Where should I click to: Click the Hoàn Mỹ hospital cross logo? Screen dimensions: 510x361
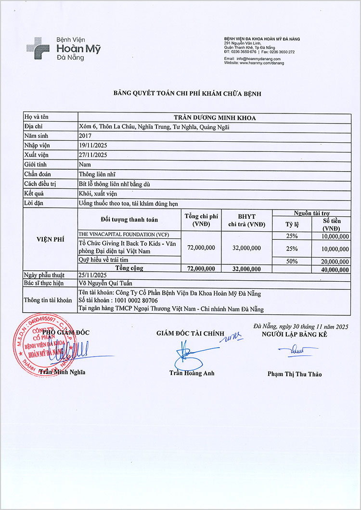coord(38,48)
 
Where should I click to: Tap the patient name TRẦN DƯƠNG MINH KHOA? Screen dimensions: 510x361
coord(214,117)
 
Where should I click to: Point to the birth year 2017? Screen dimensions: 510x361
coord(85,136)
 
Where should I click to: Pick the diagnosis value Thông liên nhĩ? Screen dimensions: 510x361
coord(97,174)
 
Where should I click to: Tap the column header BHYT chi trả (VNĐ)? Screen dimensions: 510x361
coord(246,220)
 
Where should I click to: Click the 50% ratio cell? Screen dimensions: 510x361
coord(292,261)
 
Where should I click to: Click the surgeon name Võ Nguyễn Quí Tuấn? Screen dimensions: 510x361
coord(108,284)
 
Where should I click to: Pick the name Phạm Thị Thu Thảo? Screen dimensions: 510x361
coord(295,374)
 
